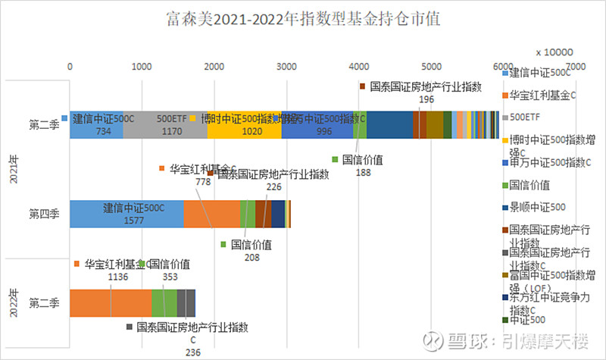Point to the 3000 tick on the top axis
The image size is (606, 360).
click(x=286, y=67)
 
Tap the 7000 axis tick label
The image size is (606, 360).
click(x=574, y=67)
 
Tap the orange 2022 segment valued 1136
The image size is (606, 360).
click(x=111, y=302)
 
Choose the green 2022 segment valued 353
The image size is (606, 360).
click(x=164, y=302)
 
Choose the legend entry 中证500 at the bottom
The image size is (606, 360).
click(x=529, y=321)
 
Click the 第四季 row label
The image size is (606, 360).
click(x=44, y=214)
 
